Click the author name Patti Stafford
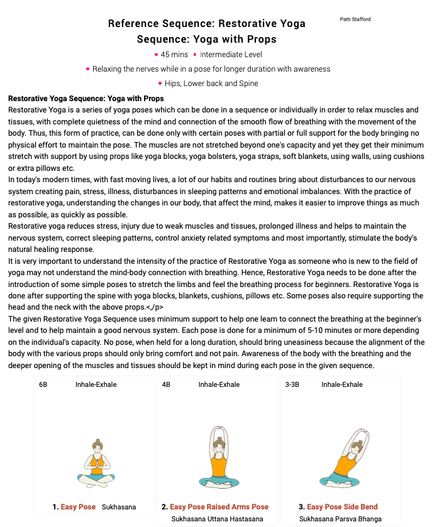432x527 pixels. (355, 19)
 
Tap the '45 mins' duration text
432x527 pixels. (174, 55)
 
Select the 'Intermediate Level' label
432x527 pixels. (231, 55)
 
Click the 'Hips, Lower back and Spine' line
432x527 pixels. (211, 84)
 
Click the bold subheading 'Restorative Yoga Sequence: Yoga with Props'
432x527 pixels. (86, 99)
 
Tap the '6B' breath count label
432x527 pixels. (43, 384)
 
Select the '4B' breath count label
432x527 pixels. (166, 384)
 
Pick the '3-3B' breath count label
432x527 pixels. (292, 384)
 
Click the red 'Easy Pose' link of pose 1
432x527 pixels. (78, 507)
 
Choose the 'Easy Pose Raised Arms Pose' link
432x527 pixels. (219, 507)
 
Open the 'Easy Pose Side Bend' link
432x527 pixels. (342, 507)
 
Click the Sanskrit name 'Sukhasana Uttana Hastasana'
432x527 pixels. (217, 519)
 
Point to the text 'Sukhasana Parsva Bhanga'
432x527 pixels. (340, 519)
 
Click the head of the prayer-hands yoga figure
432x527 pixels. (97, 447)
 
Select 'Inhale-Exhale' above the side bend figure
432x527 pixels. (342, 384)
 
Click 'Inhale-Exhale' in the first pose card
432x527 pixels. (96, 384)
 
